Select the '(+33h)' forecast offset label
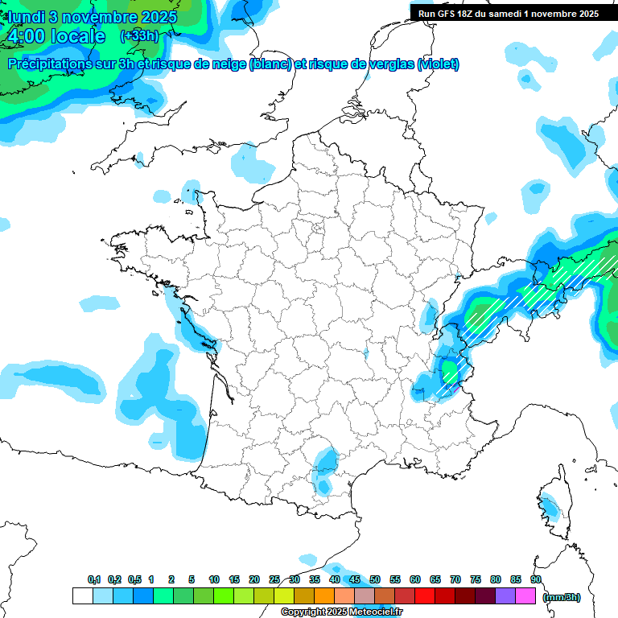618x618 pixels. tap(139, 36)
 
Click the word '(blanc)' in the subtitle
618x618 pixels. tap(270, 64)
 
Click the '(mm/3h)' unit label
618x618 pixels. tap(562, 596)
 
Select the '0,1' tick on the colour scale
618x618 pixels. tap(94, 580)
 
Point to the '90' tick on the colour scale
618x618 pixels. tap(536, 580)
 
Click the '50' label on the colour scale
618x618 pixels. tap(375, 580)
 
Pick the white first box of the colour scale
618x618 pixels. tap(82, 596)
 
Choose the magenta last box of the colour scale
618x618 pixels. tap(525, 596)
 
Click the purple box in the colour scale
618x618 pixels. tap(505, 596)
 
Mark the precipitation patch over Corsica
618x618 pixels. tap(550, 508)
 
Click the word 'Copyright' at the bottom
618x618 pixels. tap(301, 612)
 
